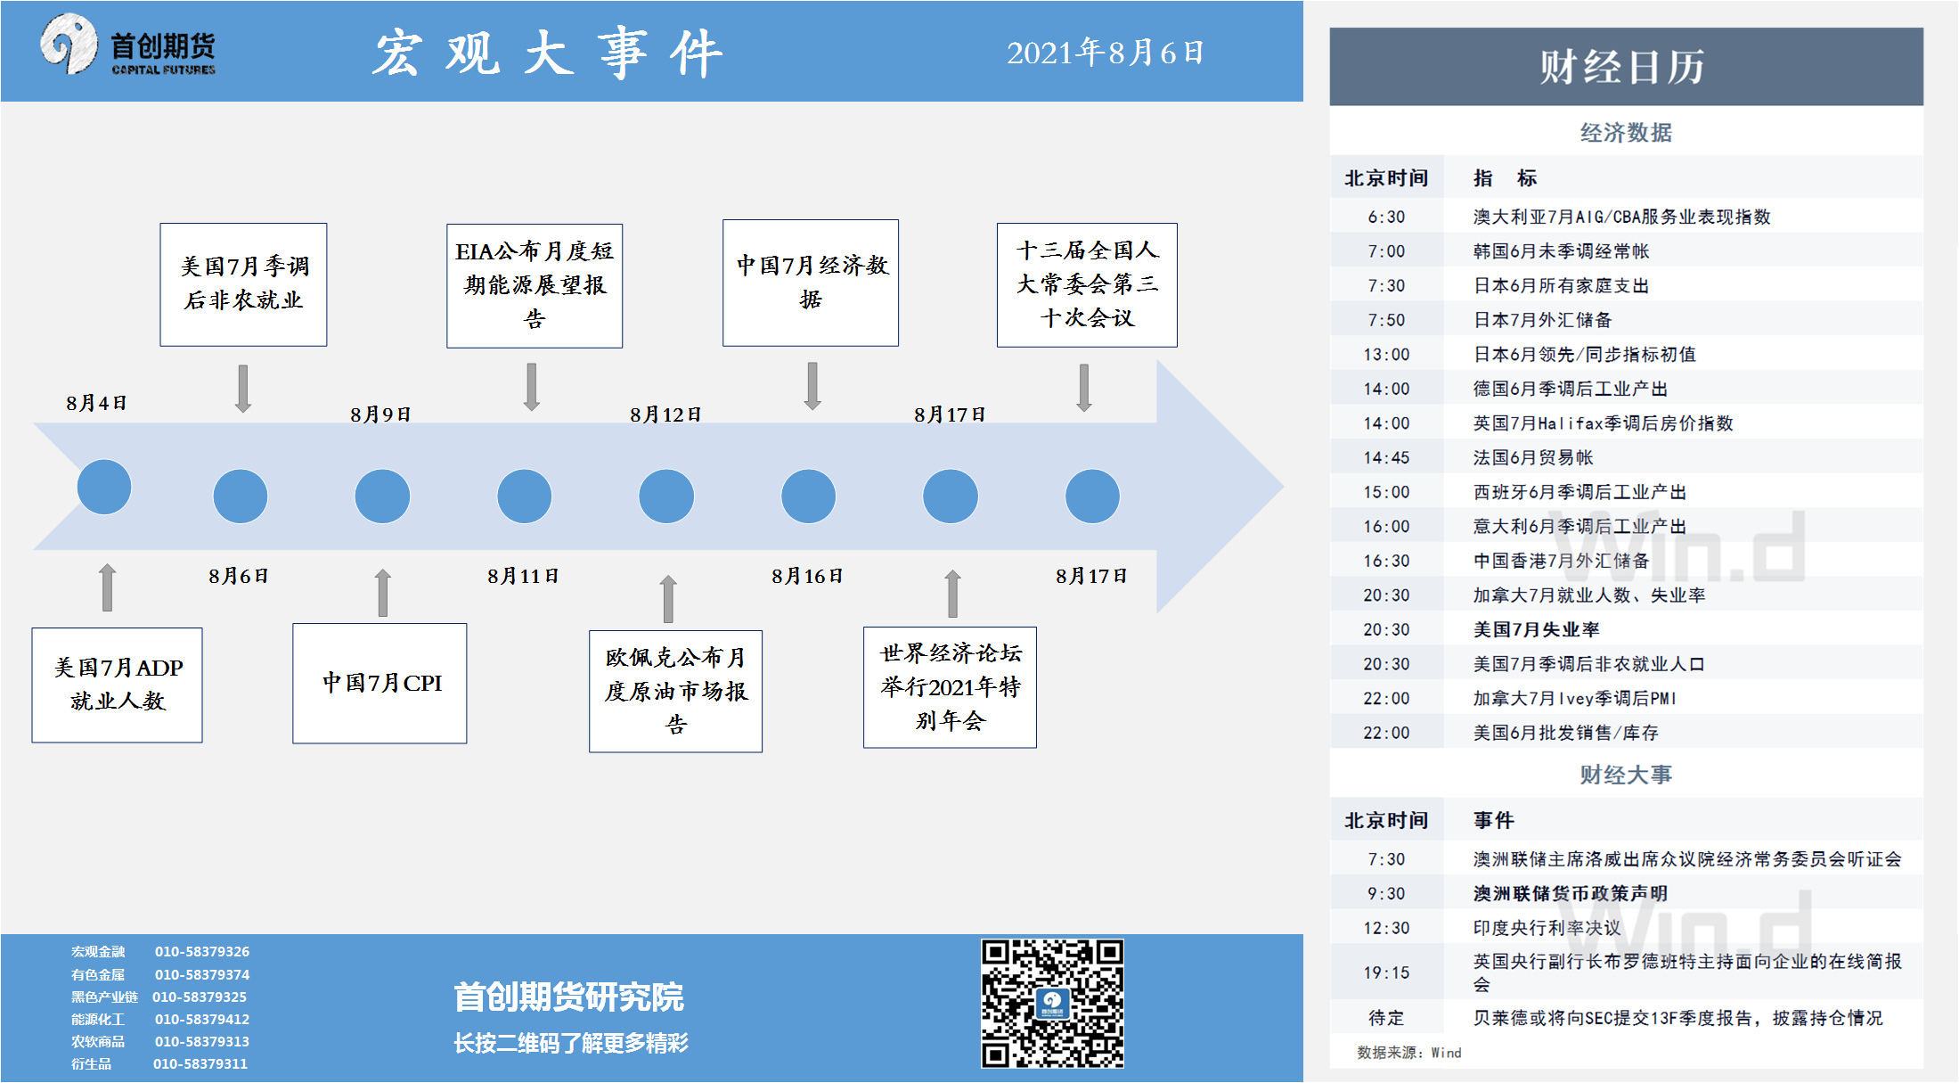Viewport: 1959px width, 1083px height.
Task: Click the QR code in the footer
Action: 1052,1003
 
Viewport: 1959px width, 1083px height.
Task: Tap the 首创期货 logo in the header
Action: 127,45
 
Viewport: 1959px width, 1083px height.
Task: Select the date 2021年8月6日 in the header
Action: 1105,53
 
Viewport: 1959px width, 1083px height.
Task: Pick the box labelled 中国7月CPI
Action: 380,683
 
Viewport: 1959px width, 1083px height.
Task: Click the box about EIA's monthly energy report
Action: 535,285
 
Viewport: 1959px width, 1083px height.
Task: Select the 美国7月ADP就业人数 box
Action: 117,685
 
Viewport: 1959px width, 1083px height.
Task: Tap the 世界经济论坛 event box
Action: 950,686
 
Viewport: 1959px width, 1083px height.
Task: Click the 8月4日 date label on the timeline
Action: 96,403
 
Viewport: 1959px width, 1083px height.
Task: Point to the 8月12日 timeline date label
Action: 665,414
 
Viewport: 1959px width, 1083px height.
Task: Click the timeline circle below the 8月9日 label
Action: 382,496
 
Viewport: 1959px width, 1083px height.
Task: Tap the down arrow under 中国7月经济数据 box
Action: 812,386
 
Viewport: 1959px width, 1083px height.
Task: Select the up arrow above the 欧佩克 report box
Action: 668,598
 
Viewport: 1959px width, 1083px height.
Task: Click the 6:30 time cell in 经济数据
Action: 1386,217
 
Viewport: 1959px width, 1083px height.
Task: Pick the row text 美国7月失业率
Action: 1536,629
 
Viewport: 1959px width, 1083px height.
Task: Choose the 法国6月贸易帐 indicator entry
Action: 1532,457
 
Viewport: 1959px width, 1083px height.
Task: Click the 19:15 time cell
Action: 1386,972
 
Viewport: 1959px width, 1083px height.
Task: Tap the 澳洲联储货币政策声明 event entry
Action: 1570,893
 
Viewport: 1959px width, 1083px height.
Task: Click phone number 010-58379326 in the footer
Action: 202,952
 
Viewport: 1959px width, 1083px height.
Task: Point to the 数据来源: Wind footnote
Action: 1408,1053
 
